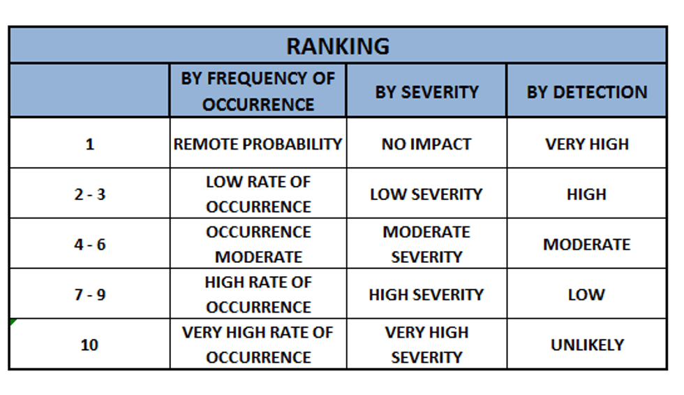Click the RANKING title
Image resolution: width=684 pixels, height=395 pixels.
(338, 46)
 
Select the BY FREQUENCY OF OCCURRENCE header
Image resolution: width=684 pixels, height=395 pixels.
(258, 92)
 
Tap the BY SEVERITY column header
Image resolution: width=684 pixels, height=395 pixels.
(426, 92)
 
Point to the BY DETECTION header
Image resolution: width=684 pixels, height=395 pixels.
(587, 92)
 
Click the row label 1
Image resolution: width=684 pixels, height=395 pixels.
(90, 144)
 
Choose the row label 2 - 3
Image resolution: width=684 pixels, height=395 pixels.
(90, 194)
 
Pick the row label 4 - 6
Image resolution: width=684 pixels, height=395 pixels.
(90, 244)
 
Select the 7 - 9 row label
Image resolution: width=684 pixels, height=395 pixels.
(90, 294)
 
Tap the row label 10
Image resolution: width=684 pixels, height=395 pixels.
(89, 345)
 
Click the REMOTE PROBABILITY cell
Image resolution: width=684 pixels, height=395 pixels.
(258, 144)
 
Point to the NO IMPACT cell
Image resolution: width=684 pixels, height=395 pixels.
(426, 144)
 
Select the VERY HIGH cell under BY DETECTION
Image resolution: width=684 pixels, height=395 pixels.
(587, 144)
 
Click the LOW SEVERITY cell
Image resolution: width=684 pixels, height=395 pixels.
(426, 194)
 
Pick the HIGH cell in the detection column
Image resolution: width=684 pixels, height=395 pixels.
(587, 194)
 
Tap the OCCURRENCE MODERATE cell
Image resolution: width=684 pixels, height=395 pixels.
(258, 244)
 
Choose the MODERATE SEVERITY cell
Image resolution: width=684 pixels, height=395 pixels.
(426, 244)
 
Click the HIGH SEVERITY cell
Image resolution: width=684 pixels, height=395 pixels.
(426, 294)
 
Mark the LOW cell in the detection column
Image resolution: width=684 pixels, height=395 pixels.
(587, 294)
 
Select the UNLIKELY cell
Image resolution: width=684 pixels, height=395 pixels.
(587, 345)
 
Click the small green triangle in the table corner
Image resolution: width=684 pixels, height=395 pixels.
(13, 322)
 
